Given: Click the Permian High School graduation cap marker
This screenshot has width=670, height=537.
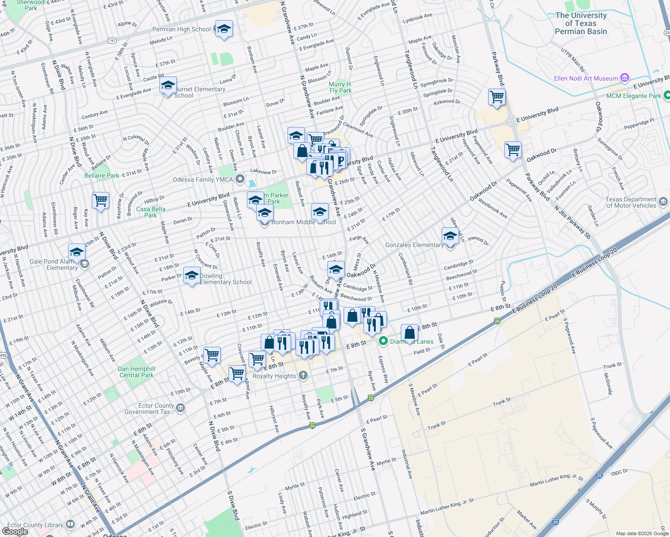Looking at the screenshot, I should tap(223, 29).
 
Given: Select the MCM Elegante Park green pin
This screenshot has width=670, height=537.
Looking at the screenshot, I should tap(666, 95).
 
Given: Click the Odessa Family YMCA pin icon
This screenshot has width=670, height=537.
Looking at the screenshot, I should tap(240, 179).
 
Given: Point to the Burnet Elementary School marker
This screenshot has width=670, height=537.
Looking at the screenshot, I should tap(168, 86).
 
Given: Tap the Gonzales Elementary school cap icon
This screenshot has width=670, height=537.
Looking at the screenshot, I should tap(450, 236).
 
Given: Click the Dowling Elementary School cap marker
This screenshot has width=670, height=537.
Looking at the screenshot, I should tap(192, 276).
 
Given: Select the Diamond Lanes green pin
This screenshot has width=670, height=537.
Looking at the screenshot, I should tap(383, 341).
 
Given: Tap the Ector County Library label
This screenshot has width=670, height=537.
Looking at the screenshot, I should tap(35, 525).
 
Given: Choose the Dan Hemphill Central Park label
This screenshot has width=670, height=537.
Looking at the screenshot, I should tap(136, 372).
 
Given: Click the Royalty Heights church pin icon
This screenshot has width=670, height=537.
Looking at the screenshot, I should tap(303, 375).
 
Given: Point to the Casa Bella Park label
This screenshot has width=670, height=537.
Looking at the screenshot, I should tap(150, 212).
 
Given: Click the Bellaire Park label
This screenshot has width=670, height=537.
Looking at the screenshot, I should tap(102, 175).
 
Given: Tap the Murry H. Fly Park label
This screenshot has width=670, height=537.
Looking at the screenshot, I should tap(340, 87).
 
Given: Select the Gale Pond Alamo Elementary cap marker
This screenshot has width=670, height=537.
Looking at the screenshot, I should tap(77, 252).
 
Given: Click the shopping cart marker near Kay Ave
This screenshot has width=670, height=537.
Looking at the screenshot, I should tap(101, 200).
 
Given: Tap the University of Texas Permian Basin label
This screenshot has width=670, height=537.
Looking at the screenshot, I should tap(580, 23).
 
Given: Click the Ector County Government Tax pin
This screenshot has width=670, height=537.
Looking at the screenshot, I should tap(180, 408).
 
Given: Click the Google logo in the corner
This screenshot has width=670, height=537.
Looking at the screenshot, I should tap(15, 531).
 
